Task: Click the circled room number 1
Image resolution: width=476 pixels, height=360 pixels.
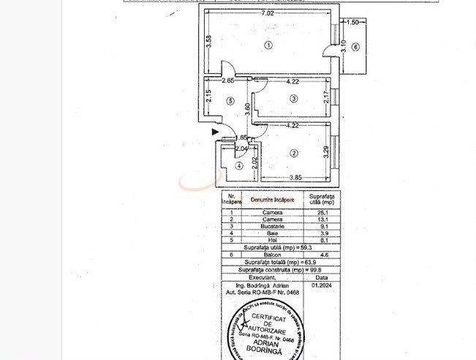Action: point(268,45)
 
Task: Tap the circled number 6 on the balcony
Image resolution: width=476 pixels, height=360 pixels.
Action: point(355,48)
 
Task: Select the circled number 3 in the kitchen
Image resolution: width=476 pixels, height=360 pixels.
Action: point(293,99)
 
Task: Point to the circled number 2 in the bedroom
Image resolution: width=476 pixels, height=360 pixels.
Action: point(293,153)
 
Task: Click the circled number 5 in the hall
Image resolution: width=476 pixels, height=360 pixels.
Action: point(230,101)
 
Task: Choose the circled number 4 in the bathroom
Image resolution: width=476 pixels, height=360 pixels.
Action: point(239,166)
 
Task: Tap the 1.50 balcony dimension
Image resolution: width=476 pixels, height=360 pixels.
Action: point(352,23)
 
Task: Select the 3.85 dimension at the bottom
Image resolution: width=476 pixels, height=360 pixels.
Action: point(295,177)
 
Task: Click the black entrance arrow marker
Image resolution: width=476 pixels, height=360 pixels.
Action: point(215,132)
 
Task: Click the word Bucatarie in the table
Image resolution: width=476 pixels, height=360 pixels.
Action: point(272,226)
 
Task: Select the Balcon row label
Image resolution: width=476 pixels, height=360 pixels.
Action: point(272,255)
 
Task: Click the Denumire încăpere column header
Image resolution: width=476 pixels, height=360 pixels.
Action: point(272,199)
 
